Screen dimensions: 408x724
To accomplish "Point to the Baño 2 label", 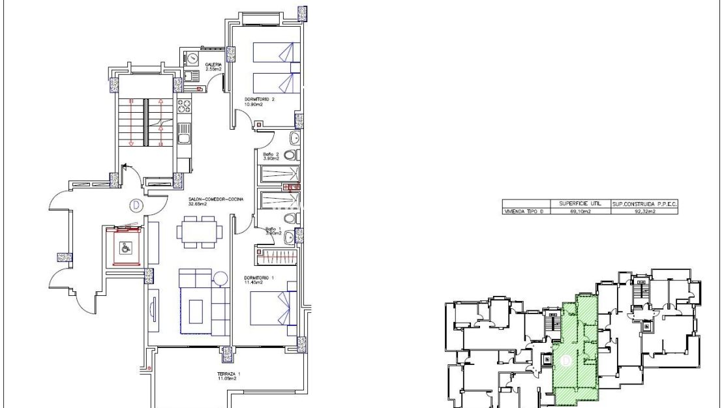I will tap(271, 156).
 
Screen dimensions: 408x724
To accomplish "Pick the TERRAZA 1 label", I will tap(230, 375).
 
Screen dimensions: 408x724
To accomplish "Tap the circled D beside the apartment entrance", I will tap(136, 205).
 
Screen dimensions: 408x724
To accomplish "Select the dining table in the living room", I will tap(199, 232).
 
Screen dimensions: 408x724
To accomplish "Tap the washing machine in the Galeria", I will tap(193, 59).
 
